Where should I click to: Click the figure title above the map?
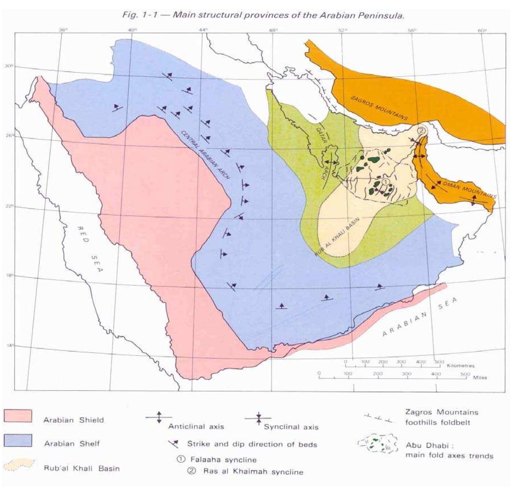[x=263, y=15]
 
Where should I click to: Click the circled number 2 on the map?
[x=421, y=130]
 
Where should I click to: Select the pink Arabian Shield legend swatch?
[x=18, y=416]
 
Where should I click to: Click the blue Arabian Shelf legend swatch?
[x=18, y=440]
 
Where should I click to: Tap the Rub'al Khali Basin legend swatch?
[x=19, y=465]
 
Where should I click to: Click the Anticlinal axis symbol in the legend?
[x=159, y=417]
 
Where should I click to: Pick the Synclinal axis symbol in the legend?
[x=258, y=418]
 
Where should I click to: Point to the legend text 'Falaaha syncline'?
[x=223, y=460]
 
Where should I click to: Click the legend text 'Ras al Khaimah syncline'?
[x=253, y=472]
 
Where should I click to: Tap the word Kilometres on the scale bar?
[x=460, y=366]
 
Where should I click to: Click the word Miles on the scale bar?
[x=480, y=377]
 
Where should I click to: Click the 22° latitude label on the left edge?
[x=8, y=206]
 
